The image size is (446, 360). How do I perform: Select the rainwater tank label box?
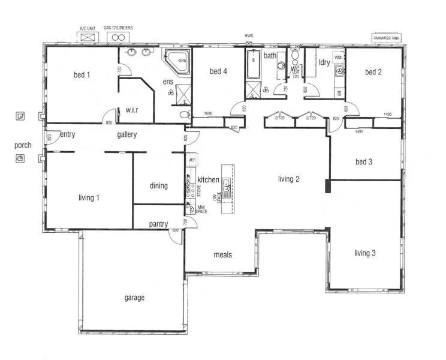tap(387, 37)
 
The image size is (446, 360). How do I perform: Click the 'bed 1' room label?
tap(82, 75)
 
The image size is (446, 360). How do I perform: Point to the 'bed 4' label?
tap(218, 71)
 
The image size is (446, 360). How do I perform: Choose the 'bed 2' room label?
tap(373, 72)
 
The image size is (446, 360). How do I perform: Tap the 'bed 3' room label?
tap(364, 161)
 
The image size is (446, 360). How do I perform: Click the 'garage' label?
tap(134, 298)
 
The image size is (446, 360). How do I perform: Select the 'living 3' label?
tap(364, 253)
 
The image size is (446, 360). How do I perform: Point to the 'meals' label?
tap(223, 255)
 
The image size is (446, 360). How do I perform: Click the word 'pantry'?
tap(158, 224)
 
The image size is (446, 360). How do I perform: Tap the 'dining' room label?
tap(158, 186)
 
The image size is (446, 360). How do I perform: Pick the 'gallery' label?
tap(127, 135)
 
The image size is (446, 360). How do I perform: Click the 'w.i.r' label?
tap(132, 110)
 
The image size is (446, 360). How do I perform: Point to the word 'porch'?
tap(23, 145)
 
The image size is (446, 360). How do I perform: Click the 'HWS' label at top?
tap(249, 36)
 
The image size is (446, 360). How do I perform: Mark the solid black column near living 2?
tap(327, 186)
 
